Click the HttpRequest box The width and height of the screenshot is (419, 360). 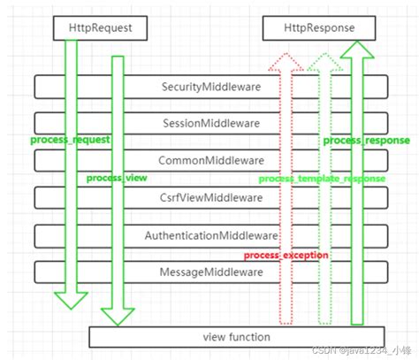tap(100, 28)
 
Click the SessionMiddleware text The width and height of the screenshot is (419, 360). tap(210, 124)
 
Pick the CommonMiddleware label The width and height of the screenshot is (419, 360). tap(210, 161)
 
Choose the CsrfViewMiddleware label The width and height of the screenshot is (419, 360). tap(210, 197)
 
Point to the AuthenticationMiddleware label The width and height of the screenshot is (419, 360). tap(210, 235)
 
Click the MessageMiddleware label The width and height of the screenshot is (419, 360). tap(210, 272)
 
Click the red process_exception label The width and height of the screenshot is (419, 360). tap(286, 255)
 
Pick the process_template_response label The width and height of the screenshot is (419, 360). tap(322, 178)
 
